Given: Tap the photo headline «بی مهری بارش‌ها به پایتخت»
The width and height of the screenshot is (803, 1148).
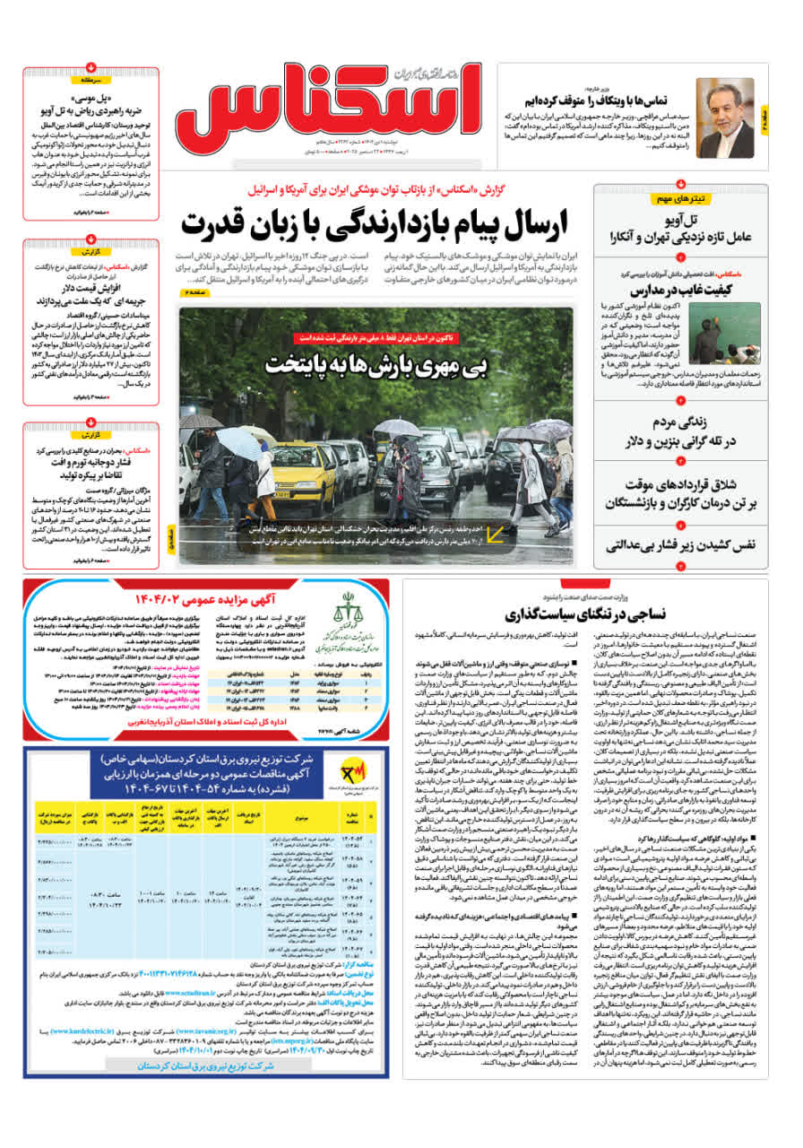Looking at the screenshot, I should [376, 364].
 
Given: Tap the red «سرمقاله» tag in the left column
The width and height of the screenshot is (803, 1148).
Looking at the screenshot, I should [91, 79].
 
